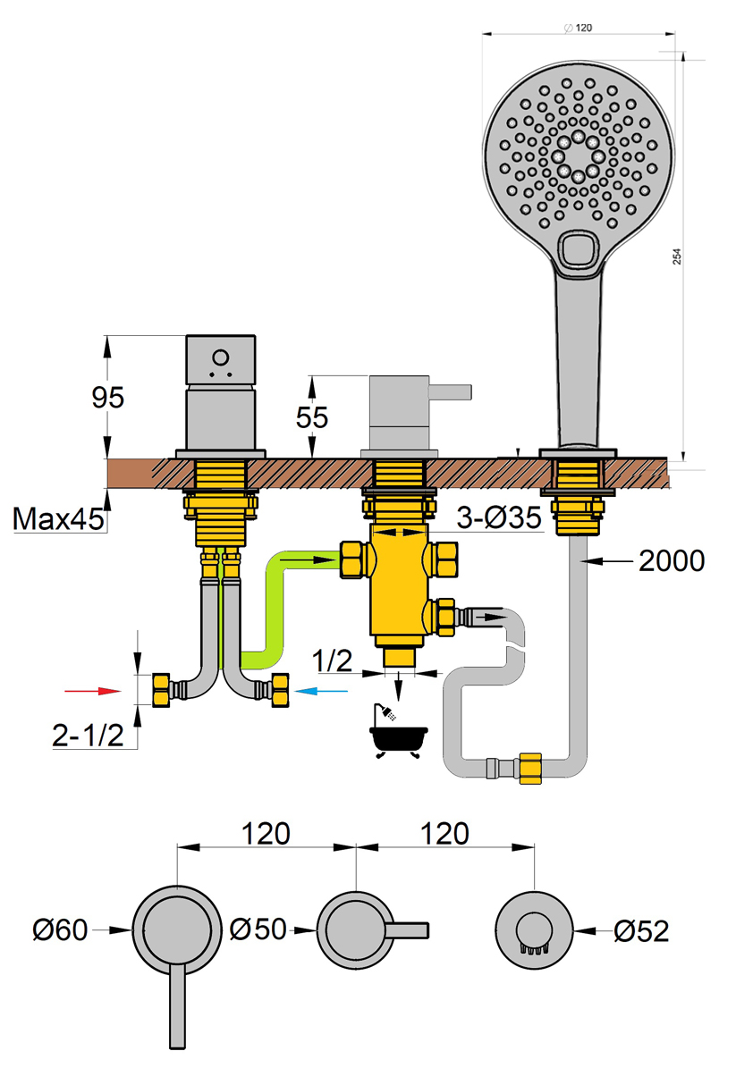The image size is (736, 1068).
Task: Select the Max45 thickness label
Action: [x=55, y=517]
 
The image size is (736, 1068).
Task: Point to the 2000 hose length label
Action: [x=672, y=560]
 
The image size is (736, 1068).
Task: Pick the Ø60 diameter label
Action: [x=60, y=930]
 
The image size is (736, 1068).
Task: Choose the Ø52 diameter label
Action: [x=642, y=930]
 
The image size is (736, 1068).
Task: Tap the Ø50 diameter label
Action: [x=258, y=929]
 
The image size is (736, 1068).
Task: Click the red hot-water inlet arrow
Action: [x=95, y=691]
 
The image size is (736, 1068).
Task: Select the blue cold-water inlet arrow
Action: [x=322, y=691]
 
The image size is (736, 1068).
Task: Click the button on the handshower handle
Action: [x=579, y=249]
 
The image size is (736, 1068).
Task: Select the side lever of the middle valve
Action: [x=453, y=391]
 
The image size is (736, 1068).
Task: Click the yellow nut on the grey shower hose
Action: [x=529, y=768]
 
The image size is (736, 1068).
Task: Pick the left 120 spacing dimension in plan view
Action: [x=266, y=833]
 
